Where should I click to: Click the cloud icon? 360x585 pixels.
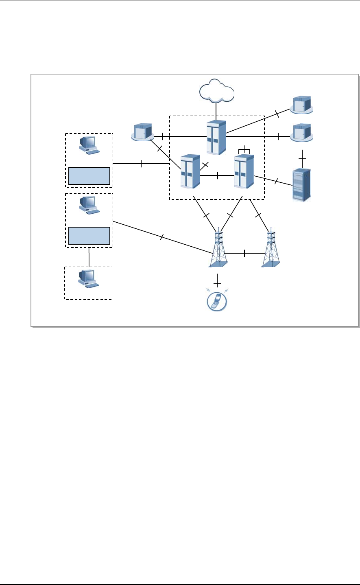pos(217,91)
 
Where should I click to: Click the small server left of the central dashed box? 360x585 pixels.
pos(142,132)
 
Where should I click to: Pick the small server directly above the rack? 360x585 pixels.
pos(301,133)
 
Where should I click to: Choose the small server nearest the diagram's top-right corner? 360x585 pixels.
pos(301,105)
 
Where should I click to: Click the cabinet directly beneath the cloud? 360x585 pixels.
pos(216,137)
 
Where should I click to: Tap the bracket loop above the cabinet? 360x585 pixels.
pos(244,150)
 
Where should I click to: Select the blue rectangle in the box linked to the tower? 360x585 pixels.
pos(89,236)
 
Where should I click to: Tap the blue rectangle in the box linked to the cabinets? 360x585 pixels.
pos(89,175)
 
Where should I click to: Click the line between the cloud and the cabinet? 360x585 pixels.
pos(216,110)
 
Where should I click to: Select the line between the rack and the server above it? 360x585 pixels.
pos(301,156)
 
